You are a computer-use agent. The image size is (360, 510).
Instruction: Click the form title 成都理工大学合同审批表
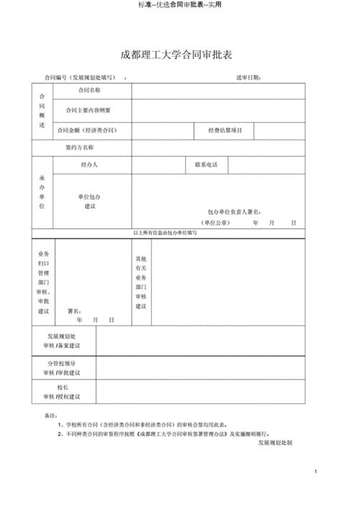click(179, 54)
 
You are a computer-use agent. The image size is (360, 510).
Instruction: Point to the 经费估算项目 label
click(225, 130)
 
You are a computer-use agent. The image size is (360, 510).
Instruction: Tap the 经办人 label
click(89, 165)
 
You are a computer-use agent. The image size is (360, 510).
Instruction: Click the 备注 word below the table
click(50, 416)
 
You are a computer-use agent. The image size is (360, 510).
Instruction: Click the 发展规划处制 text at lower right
click(275, 443)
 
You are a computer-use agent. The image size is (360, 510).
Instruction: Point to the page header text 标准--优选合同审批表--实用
click(179, 4)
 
